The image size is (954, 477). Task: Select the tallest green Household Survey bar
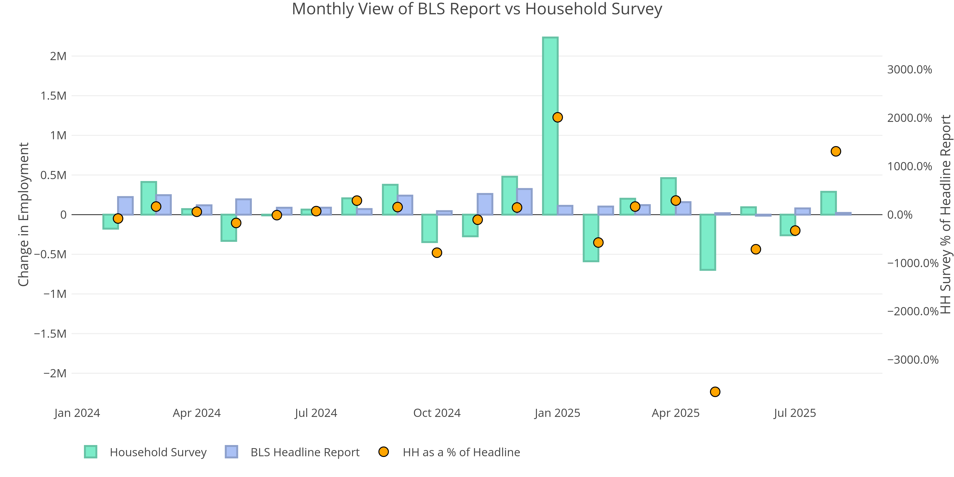550,126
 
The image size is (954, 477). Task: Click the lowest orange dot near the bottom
715,392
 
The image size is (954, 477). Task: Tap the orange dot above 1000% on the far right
835,151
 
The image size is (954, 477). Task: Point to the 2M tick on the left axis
58,56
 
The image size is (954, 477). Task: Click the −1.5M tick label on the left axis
50,334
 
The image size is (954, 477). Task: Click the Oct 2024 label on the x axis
437,413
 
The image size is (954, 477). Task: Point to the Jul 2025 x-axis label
795,413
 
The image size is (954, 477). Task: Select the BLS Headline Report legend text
305,452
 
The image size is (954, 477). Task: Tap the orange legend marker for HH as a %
383,452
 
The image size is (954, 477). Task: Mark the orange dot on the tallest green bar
557,117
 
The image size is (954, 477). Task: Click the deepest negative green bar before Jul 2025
708,242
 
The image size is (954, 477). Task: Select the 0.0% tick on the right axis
900,215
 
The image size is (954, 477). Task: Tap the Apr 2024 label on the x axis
197,413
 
